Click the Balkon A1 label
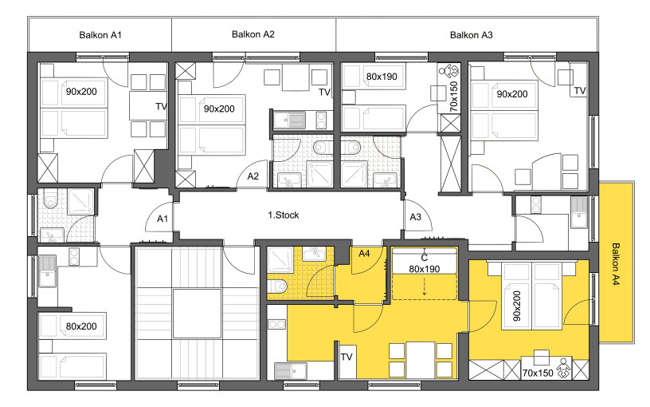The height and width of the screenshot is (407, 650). [100, 35]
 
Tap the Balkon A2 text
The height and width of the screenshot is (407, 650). [253, 34]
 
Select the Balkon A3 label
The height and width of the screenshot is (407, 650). [472, 35]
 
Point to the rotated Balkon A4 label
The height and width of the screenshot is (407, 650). [616, 264]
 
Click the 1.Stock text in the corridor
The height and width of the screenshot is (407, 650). [283, 215]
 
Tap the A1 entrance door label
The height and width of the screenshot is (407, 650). [162, 219]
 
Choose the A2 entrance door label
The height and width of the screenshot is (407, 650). [253, 176]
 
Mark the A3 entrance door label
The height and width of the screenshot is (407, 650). [415, 217]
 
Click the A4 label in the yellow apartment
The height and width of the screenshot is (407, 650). [364, 253]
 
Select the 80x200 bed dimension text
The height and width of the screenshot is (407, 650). [81, 326]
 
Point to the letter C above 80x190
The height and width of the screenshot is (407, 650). [424, 259]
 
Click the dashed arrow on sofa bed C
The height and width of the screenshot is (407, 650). [424, 286]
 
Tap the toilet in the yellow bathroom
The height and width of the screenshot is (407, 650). [278, 286]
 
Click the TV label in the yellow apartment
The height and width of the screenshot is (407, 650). [347, 357]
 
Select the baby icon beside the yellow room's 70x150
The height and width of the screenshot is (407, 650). [562, 369]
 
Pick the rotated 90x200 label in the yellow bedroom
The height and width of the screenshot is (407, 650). [516, 306]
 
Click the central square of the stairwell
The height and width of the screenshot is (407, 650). [197, 314]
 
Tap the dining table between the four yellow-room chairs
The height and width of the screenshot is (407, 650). [421, 360]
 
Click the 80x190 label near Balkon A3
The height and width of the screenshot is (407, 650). [382, 77]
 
